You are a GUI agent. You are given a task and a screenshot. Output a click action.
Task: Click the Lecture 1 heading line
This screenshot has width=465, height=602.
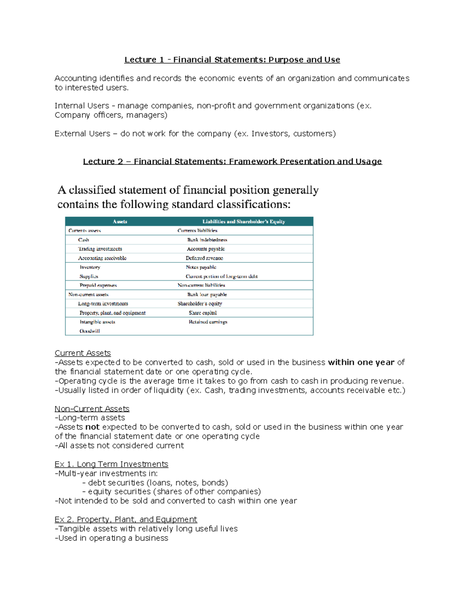click(232, 60)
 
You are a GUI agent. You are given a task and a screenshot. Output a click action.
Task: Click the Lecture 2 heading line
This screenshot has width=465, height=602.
click(232, 161)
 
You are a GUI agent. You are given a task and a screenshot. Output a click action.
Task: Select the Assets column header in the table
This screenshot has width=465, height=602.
click(120, 222)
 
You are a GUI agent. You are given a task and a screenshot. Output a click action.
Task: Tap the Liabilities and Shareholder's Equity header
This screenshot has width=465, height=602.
click(243, 222)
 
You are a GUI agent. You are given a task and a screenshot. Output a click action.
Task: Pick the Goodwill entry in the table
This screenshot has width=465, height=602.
click(90, 331)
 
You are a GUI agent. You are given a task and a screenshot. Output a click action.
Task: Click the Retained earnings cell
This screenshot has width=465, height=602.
click(208, 322)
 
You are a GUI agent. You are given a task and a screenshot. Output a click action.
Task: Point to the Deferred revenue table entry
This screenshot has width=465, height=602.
click(204, 258)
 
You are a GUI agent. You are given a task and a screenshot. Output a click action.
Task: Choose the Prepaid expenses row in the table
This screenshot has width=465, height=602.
click(98, 285)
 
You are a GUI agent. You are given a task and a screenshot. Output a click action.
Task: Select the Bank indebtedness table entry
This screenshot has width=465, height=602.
click(207, 240)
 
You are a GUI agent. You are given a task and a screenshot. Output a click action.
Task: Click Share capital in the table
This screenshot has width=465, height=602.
click(203, 313)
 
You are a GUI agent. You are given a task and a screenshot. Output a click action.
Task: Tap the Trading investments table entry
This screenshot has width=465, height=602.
click(100, 249)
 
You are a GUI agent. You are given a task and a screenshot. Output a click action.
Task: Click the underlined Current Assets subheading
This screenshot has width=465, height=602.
click(83, 353)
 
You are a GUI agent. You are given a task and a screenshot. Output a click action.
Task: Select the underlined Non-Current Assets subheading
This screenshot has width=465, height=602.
click(92, 409)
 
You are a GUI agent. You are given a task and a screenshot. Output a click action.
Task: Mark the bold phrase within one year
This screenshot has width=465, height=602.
click(361, 362)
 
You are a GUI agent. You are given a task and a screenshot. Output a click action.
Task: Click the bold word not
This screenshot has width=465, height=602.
click(92, 427)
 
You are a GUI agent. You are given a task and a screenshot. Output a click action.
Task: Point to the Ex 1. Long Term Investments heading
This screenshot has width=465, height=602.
click(111, 464)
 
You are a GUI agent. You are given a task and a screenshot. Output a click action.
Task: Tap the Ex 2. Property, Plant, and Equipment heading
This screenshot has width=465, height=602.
click(126, 519)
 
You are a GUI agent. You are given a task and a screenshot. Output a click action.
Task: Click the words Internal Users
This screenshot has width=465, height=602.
click(82, 106)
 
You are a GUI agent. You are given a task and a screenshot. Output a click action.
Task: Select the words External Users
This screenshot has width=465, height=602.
click(82, 134)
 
